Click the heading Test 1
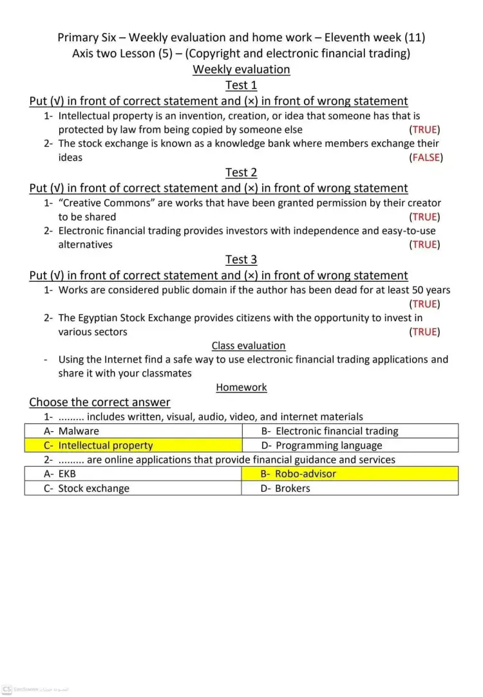[x=241, y=86]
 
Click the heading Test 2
[x=241, y=172]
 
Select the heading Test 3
[x=241, y=259]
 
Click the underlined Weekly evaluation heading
[x=241, y=70]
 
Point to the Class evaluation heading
[x=248, y=346]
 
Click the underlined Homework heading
[x=241, y=387]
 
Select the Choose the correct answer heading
[x=99, y=402]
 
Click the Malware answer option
[x=79, y=431]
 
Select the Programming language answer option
[x=328, y=445]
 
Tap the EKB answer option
[x=67, y=474]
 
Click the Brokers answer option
[x=292, y=488]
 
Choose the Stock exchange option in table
[x=93, y=488]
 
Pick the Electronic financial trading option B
[x=337, y=431]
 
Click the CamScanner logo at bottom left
[x=6, y=689]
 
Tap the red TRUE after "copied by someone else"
[x=425, y=130]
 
